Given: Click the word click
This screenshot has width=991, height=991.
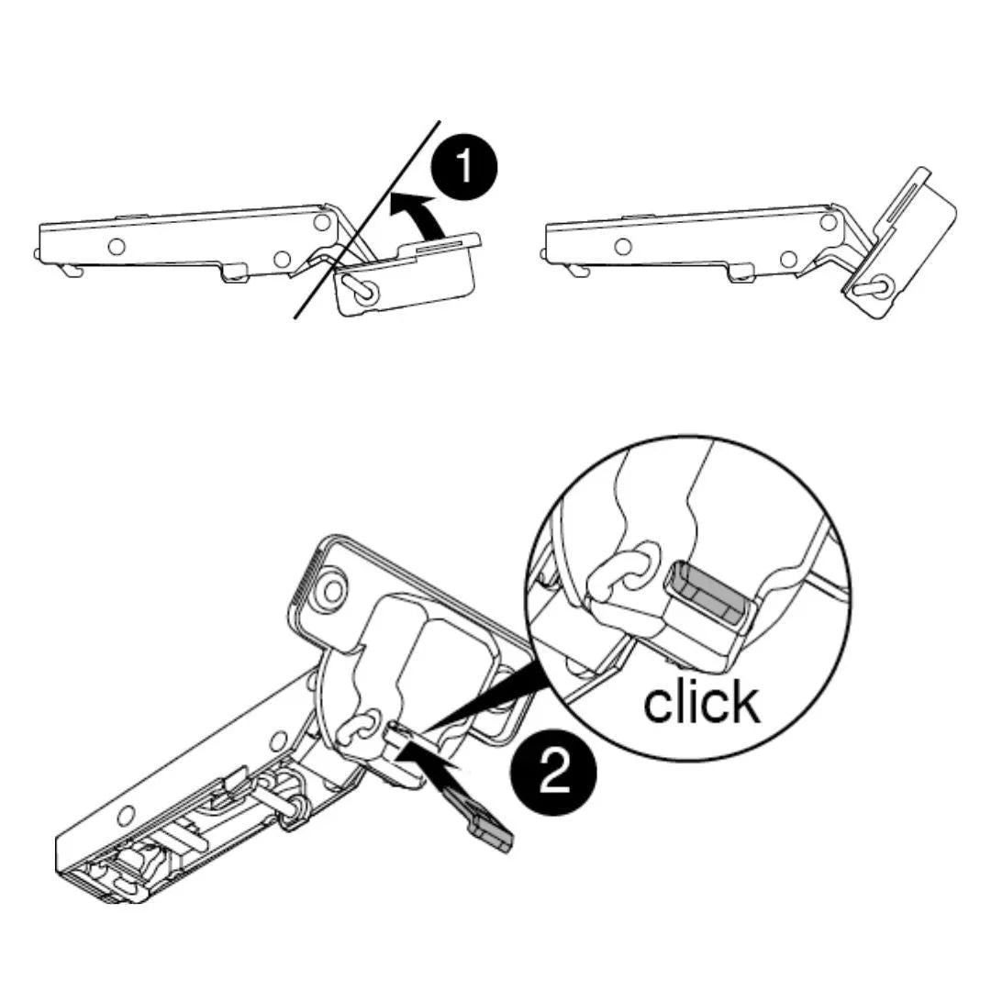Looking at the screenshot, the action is [702, 701].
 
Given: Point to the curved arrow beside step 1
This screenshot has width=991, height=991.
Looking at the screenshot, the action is [411, 215].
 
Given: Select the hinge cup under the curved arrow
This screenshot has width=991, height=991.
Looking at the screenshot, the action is [405, 275].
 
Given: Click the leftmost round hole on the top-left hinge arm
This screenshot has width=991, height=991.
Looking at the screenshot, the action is [117, 246].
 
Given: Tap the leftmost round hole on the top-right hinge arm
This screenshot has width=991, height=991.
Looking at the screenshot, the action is [622, 246].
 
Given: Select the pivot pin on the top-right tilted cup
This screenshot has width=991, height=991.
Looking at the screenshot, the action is [874, 286].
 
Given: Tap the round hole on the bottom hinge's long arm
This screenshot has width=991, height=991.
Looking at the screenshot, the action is [127, 816].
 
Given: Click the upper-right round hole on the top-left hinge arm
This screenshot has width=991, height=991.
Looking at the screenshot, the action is [322, 222].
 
